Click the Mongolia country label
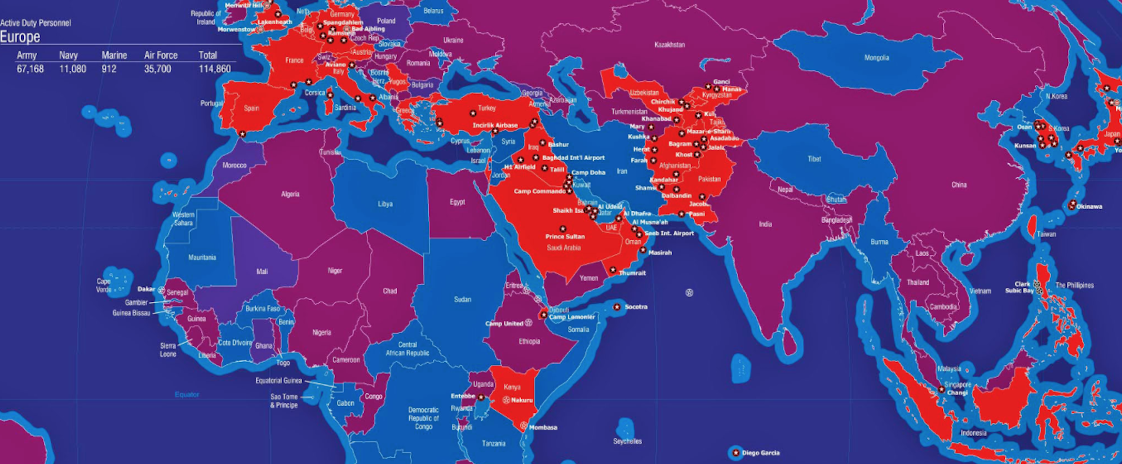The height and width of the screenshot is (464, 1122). click(x=877, y=58)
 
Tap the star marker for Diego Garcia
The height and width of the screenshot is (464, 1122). click(x=736, y=453)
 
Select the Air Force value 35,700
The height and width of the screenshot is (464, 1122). click(x=158, y=69)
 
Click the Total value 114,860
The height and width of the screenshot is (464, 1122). click(x=215, y=69)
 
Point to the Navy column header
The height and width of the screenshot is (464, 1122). click(x=68, y=55)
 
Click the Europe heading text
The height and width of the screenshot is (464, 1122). click(x=20, y=37)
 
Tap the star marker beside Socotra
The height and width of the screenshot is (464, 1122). click(x=617, y=307)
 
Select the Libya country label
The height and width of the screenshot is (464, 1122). click(x=385, y=204)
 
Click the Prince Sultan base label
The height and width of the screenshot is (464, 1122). click(x=565, y=237)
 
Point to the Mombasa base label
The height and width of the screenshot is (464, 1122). click(x=543, y=427)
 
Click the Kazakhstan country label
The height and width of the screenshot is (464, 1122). click(x=669, y=45)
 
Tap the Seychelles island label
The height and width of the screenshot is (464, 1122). click(x=628, y=441)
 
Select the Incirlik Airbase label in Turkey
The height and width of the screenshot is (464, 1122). click(x=495, y=126)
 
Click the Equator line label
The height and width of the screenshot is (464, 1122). click(x=186, y=394)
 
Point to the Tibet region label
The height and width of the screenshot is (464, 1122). click(x=814, y=159)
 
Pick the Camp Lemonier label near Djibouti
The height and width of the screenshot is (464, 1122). click(x=572, y=317)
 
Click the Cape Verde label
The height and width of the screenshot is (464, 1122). click(x=103, y=285)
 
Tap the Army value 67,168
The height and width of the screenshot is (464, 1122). click(x=30, y=69)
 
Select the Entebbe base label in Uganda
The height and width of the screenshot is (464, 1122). click(x=463, y=396)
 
